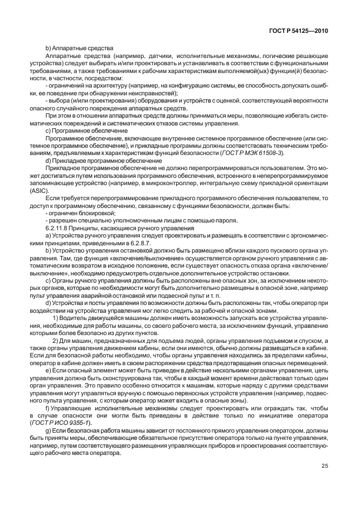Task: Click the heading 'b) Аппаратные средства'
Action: click(x=79, y=49)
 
